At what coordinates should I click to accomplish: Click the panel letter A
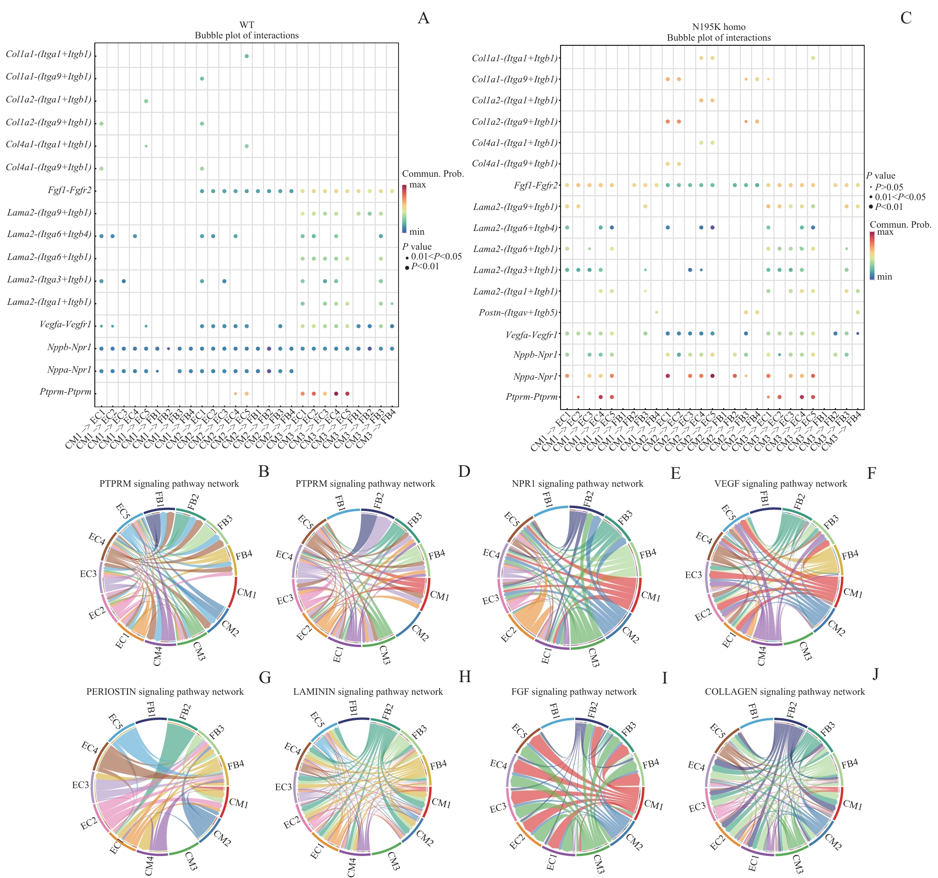click(x=423, y=18)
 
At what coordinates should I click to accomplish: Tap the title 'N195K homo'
click(x=718, y=27)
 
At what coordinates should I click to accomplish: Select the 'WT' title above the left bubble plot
click(x=246, y=25)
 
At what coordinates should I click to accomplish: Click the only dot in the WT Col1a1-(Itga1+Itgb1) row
click(x=247, y=56)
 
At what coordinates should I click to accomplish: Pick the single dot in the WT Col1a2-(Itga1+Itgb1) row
click(x=146, y=101)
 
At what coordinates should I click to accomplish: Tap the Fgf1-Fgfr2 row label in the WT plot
click(x=69, y=190)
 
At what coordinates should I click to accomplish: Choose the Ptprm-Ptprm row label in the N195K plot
click(x=531, y=397)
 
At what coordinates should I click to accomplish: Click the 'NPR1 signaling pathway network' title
click(x=577, y=483)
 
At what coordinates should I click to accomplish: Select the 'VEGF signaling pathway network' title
click(x=781, y=483)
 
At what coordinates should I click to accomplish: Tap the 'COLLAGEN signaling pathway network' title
click(x=785, y=692)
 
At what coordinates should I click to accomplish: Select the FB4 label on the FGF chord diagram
click(x=651, y=764)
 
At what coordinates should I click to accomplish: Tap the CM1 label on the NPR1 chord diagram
click(x=651, y=597)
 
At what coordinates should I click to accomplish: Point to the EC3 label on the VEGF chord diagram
click(x=693, y=575)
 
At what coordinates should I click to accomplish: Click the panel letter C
click(x=906, y=18)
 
